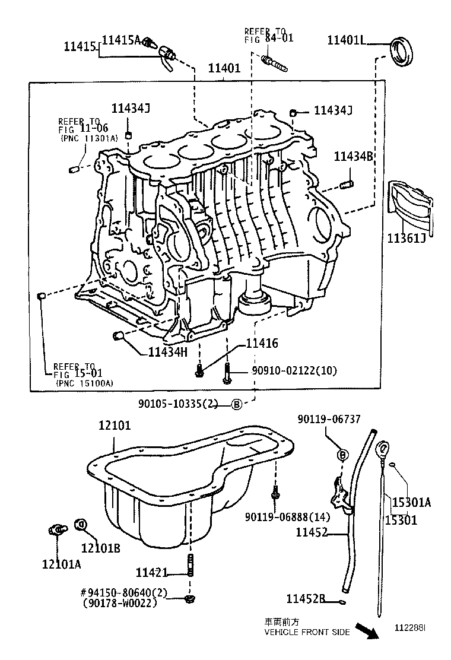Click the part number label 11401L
pos(348,40)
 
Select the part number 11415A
pos(121,40)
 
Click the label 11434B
pos(354,157)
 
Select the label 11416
pos(262,344)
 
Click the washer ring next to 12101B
pos(82,524)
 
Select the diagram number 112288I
pos(411,627)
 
